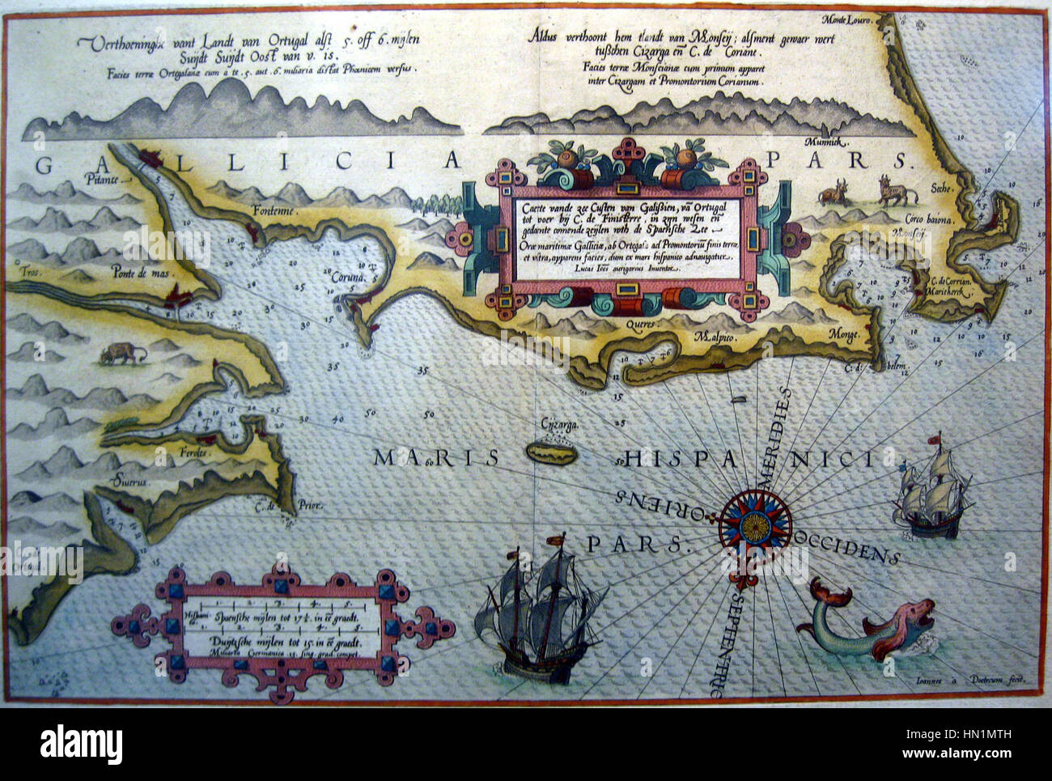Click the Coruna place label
(x=348, y=277)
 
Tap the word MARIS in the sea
(x=435, y=458)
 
